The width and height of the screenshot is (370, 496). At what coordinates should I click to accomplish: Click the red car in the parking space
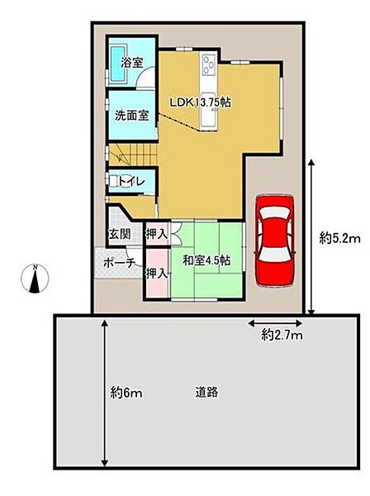click(275, 241)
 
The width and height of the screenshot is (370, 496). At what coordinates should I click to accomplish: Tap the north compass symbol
click(35, 279)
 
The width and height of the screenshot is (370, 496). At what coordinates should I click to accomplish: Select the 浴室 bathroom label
click(132, 63)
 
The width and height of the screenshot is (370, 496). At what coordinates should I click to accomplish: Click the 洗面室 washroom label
click(131, 116)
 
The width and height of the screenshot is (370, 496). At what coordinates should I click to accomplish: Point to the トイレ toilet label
click(132, 182)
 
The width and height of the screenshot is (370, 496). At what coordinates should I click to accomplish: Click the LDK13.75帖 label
click(200, 103)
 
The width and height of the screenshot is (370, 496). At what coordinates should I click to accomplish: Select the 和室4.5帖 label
click(206, 260)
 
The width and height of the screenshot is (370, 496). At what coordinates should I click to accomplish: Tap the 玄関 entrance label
click(120, 234)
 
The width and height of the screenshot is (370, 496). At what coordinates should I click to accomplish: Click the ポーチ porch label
click(119, 263)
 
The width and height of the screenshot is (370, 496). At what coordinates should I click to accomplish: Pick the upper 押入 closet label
click(156, 234)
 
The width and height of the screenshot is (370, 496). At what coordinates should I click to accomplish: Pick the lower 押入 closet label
click(156, 274)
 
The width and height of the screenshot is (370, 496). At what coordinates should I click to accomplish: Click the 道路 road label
click(206, 393)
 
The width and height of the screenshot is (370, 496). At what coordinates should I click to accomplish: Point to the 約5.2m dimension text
click(339, 238)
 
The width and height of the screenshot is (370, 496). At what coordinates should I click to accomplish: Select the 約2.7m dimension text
click(282, 335)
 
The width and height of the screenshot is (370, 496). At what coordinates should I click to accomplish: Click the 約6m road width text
click(126, 393)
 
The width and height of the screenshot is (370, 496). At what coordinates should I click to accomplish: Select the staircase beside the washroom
click(133, 155)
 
